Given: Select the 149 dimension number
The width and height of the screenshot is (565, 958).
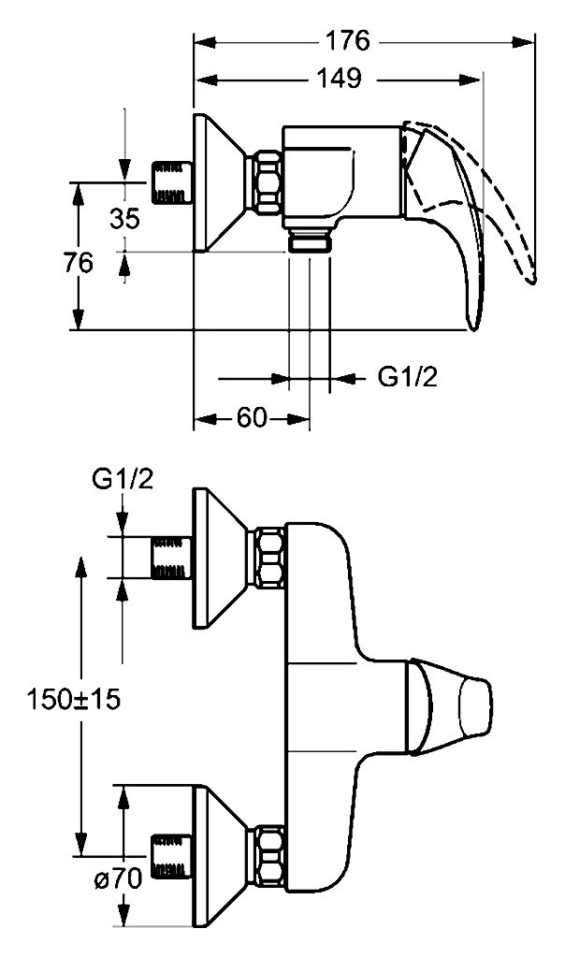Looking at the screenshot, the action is pyautogui.click(x=339, y=79).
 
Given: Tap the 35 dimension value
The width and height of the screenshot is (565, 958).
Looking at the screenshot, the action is pyautogui.click(x=124, y=217).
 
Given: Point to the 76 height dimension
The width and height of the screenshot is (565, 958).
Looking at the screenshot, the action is pyautogui.click(x=79, y=262).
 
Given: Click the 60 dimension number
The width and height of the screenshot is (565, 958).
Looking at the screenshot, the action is pyautogui.click(x=252, y=418).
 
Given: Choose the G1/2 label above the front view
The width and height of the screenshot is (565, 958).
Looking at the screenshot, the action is pyautogui.click(x=123, y=480).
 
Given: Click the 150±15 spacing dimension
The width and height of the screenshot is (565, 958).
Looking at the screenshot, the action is pyautogui.click(x=73, y=699).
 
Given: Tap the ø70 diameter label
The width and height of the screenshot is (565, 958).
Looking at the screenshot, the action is pyautogui.click(x=118, y=879).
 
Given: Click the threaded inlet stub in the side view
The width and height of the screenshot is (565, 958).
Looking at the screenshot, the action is pyautogui.click(x=171, y=182).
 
